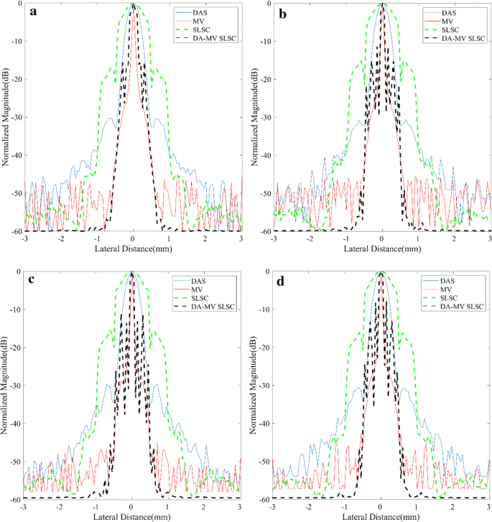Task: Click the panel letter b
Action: [x=282, y=13]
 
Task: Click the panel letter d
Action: [x=282, y=281]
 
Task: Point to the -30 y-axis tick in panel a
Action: [x=16, y=117]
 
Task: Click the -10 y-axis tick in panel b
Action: [x=265, y=41]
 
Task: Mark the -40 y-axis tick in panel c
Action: [x=16, y=424]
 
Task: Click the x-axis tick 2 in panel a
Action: [x=205, y=238]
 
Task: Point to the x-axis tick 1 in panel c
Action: [x=168, y=505]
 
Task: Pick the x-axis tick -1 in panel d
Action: [x=345, y=505]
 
